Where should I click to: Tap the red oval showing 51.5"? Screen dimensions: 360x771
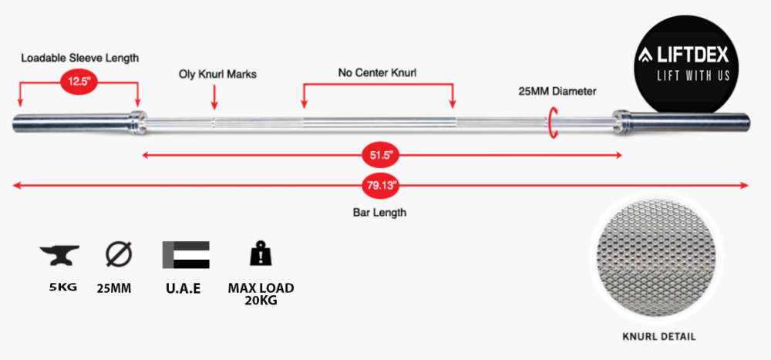click(x=382, y=156)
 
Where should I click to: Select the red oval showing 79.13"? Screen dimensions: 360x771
click(x=382, y=185)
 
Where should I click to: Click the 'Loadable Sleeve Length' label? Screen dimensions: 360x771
click(x=80, y=58)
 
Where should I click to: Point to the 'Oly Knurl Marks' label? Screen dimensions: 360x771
click(x=217, y=75)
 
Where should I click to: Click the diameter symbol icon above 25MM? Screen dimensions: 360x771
click(x=118, y=254)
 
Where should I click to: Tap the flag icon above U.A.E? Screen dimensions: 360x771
click(x=185, y=255)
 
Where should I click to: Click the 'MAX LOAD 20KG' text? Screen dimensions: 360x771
click(x=261, y=294)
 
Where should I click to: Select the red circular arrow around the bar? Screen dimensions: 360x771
click(x=552, y=123)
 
